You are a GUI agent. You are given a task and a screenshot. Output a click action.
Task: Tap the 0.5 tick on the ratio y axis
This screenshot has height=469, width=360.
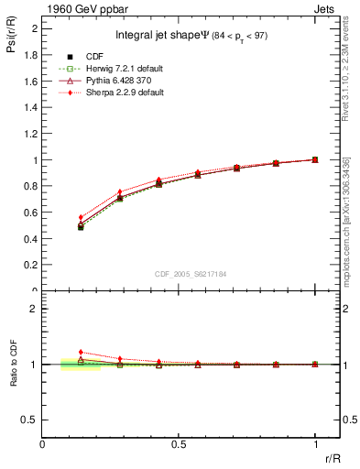pos(32,420)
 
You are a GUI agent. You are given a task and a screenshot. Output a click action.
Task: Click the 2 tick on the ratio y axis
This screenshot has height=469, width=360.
pos(36,309)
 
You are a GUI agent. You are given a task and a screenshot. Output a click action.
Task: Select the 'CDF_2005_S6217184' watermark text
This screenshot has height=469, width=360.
pos(191,275)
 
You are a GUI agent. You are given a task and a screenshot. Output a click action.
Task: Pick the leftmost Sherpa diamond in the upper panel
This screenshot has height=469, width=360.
pos(81,217)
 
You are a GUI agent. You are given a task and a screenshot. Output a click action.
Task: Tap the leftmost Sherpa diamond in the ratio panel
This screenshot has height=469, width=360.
pos(81,352)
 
